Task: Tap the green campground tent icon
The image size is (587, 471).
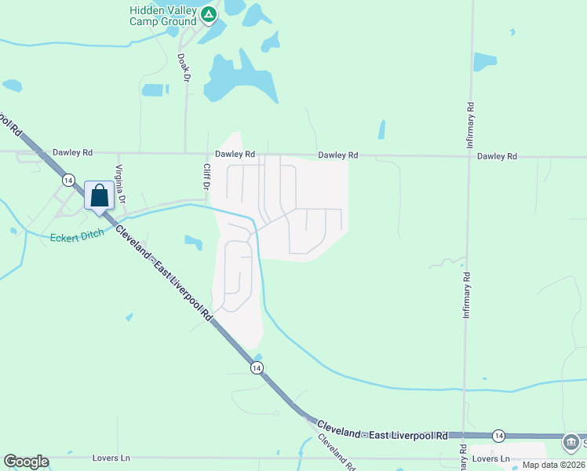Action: (208, 14)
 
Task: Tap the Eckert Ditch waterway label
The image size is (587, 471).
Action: (77, 235)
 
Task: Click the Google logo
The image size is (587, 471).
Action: (26, 462)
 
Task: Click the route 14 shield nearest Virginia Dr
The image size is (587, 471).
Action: (69, 179)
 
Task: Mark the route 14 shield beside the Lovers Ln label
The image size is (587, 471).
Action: (498, 435)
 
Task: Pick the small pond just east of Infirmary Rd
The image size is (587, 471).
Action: (485, 62)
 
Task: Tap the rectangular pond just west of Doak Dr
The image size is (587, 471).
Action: (155, 89)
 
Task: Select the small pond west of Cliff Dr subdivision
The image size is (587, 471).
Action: (193, 243)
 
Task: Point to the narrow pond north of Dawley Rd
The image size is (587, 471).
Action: (381, 130)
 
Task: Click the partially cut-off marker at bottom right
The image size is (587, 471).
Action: (574, 443)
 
